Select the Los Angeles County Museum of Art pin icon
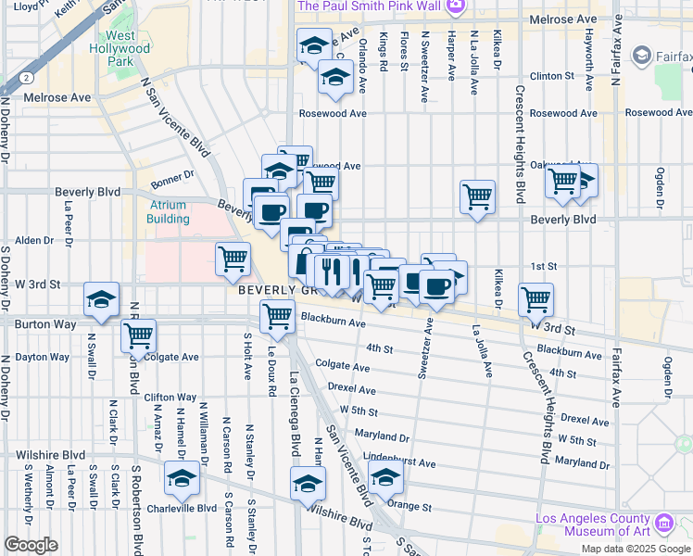click(663, 524)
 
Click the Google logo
click(31, 545)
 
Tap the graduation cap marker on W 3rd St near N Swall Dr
click(102, 300)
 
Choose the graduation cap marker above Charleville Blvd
click(183, 480)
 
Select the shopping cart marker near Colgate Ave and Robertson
click(138, 337)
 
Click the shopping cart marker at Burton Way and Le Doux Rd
click(278, 317)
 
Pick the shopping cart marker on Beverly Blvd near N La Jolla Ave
click(477, 196)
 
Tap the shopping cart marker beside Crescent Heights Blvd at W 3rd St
click(535, 299)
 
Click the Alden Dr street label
click(34, 241)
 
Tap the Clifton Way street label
click(170, 397)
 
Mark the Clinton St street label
click(552, 76)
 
